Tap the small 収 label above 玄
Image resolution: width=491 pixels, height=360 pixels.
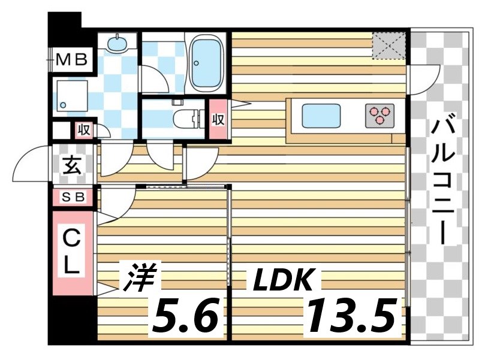coord(83,129)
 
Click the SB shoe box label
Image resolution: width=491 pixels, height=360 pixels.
coord(73,196)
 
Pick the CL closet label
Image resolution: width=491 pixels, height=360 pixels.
coord(72,252)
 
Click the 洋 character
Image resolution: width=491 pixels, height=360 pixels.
coord(139,277)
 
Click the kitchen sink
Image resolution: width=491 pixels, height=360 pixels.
coord(321,114)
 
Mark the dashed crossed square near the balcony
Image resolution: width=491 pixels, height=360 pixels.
coord(389,46)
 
